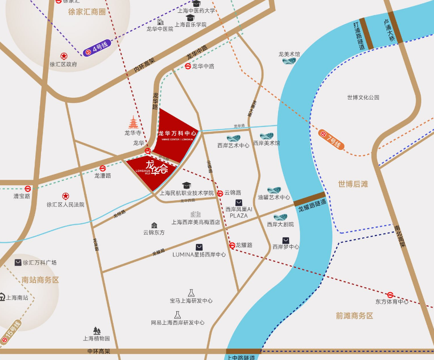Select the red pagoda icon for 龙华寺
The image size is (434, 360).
[x=133, y=122]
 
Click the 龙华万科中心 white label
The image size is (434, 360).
[x=177, y=133]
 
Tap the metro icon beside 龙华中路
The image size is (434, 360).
[x=188, y=66]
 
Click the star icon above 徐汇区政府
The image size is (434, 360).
[x=64, y=56]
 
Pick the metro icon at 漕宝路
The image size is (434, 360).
[x=28, y=189]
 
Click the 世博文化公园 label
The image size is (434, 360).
[x=363, y=97]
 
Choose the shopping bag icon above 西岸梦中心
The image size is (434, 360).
[x=285, y=240]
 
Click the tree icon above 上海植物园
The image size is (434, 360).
[x=97, y=331]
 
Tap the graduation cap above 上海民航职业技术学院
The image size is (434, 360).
[x=186, y=185]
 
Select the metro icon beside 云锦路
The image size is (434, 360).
[x=220, y=193]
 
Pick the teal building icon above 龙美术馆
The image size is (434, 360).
[x=289, y=61]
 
